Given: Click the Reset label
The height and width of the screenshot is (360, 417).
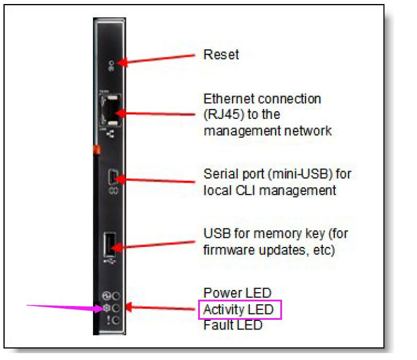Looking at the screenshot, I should pos(221,55).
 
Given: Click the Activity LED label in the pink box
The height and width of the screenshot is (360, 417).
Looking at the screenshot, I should pos(240,311).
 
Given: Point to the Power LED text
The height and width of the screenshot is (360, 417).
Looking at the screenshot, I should pos(237,294).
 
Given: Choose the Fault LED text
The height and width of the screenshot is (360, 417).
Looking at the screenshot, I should pos(233,326).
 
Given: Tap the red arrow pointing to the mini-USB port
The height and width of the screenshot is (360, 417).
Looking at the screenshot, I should pos(155,180).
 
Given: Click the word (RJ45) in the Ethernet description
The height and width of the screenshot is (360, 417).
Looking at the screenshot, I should pos(222,115).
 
